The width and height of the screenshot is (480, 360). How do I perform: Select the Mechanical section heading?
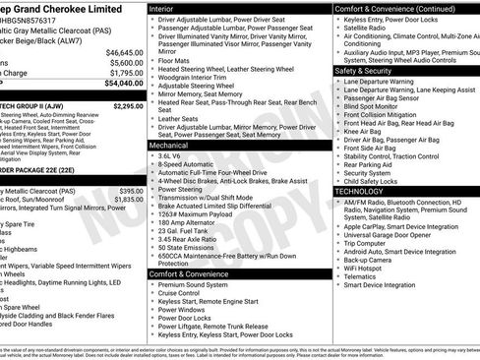pyautogui.click(x=169, y=145)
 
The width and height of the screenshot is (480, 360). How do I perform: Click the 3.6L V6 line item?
pyautogui.click(x=169, y=155)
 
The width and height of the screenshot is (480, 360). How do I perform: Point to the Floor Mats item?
pyautogui.click(x=174, y=60)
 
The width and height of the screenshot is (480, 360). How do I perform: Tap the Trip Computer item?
pyautogui.click(x=372, y=242)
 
